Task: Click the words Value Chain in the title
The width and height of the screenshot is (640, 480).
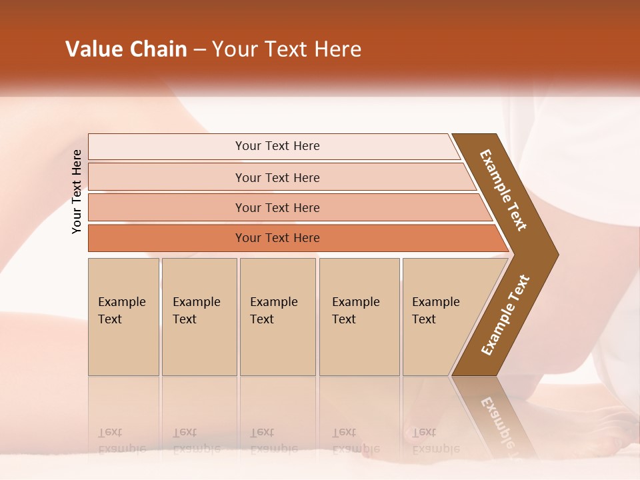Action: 126,49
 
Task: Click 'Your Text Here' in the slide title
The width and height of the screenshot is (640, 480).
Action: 287,49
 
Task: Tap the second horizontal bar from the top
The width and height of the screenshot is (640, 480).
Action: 277,177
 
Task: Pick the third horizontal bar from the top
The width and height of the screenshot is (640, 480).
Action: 277,207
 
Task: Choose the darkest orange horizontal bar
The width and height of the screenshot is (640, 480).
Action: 277,238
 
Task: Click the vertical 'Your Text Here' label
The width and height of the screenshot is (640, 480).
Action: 77,192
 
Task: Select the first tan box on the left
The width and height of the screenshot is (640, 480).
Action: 123,317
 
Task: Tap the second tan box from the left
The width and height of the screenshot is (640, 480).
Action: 199,317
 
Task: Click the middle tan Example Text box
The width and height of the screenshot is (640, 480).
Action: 277,317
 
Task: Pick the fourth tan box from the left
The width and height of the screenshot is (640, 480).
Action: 359,317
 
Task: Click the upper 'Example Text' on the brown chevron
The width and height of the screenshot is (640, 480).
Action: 503,190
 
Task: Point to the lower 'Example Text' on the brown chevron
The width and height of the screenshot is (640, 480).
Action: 505,315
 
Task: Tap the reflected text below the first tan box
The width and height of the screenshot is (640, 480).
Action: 121,441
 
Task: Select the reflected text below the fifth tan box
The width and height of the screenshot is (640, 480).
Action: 435,441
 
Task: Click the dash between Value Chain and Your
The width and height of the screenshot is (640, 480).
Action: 199,50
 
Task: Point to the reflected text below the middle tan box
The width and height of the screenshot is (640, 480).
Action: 273,441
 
